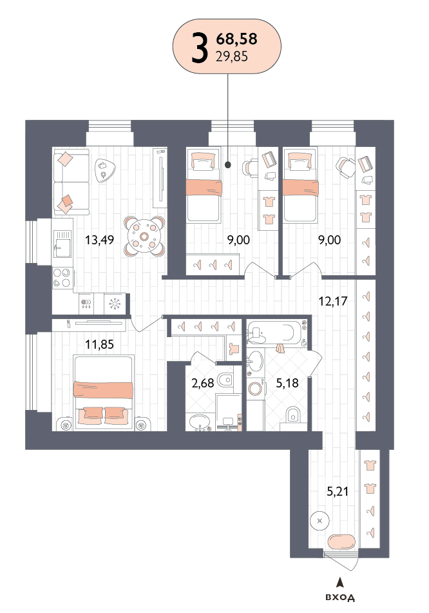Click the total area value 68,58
236,39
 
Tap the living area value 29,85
232,57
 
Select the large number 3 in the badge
199,48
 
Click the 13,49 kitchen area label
100,240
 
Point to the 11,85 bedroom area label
100,344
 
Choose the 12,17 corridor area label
333,301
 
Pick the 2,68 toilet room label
203,383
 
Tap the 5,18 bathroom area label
287,383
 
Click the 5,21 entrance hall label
337,491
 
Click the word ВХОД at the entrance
340,598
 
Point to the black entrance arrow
341,583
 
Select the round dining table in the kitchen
144,236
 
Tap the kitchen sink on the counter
62,244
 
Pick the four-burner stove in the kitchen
62,278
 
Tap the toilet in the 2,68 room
225,379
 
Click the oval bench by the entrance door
341,542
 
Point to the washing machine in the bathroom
256,389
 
